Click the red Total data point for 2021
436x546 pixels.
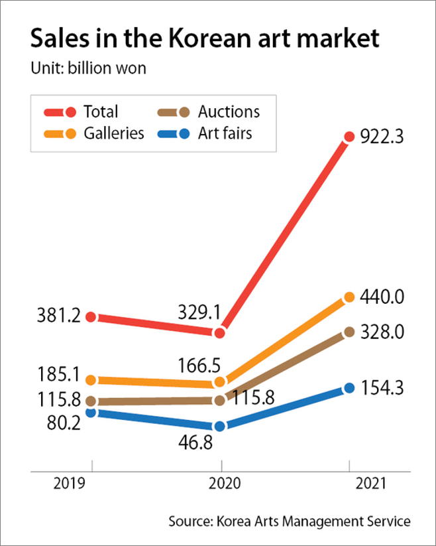pyautogui.click(x=349, y=137)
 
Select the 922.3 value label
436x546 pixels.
pyautogui.click(x=382, y=137)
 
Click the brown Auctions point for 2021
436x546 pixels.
pyautogui.click(x=349, y=332)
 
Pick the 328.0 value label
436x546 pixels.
pyautogui.click(x=382, y=332)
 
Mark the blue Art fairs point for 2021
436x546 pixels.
pyautogui.click(x=349, y=388)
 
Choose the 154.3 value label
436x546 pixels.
pyautogui.click(x=382, y=387)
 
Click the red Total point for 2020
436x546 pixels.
pyautogui.click(x=221, y=332)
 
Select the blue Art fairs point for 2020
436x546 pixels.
pyautogui.click(x=221, y=426)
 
